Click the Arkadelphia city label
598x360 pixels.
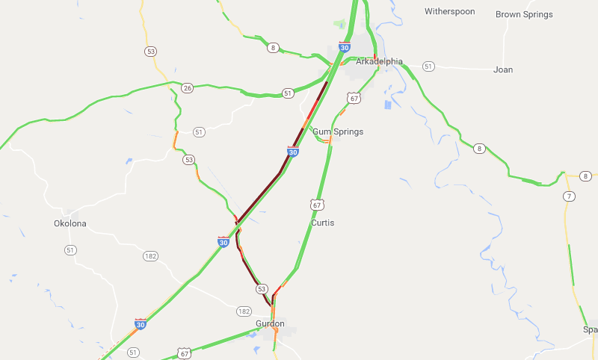379,61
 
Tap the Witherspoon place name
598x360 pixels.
449,11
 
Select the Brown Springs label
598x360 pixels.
524,14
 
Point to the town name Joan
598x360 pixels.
503,69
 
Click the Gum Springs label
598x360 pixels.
338,131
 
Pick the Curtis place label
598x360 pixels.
323,223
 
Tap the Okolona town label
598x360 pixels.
71,223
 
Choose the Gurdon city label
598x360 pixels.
270,323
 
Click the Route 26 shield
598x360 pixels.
187,88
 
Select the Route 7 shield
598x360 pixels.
570,196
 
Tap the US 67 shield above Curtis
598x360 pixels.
318,204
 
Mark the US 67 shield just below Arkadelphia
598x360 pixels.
354,98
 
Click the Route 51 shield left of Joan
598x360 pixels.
428,66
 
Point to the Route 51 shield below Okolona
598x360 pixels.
70,249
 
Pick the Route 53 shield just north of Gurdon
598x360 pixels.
262,289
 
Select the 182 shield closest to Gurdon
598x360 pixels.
244,311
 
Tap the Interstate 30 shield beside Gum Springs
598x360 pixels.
293,152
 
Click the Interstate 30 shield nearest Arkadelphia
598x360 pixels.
344,46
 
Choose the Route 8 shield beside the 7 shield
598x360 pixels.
586,176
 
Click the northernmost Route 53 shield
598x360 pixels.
152,51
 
